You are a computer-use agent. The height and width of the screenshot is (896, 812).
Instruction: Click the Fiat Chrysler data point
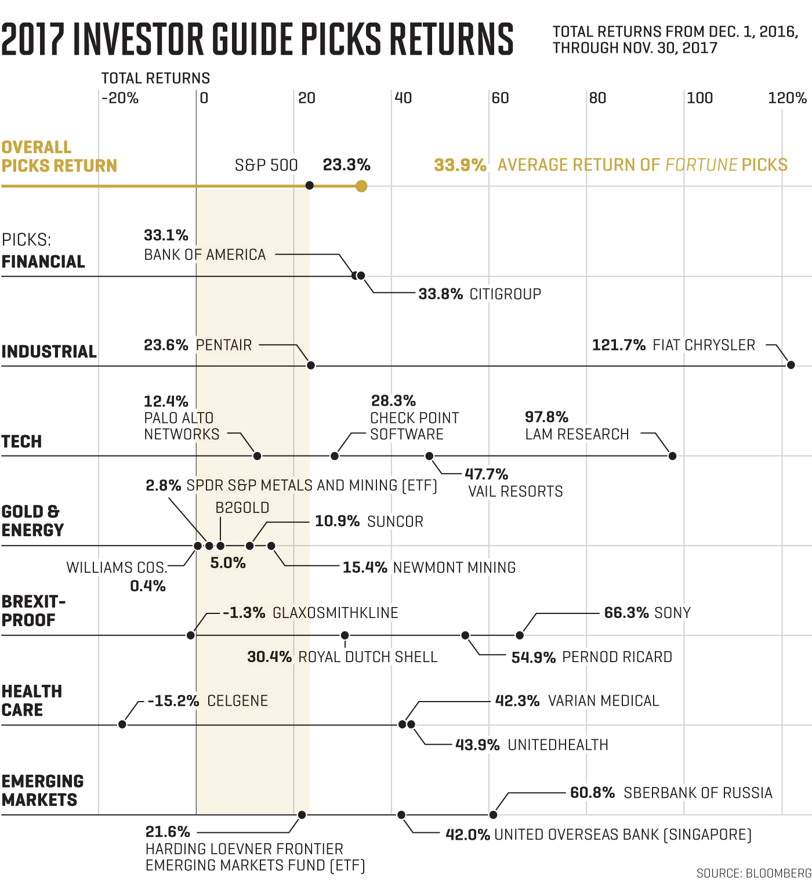click(791, 365)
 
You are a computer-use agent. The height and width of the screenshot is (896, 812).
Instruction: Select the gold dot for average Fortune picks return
click(361, 186)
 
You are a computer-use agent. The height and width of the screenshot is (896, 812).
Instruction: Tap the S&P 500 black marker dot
click(310, 186)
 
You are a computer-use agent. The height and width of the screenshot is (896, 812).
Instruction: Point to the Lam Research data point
click(672, 456)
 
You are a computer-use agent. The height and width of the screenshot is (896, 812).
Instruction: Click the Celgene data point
click(122, 724)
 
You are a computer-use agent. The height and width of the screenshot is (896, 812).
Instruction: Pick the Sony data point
click(520, 635)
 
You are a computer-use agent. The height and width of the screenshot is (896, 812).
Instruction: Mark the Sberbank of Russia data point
click(493, 815)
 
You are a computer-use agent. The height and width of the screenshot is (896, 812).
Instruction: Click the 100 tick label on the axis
click(699, 98)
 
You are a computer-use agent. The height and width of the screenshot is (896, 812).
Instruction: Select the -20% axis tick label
click(120, 98)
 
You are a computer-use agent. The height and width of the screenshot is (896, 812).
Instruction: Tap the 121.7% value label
click(618, 345)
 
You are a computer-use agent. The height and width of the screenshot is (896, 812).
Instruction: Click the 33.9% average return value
click(460, 165)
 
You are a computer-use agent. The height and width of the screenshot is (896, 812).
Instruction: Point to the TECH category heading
click(22, 442)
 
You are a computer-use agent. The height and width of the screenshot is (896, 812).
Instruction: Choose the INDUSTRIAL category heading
click(49, 352)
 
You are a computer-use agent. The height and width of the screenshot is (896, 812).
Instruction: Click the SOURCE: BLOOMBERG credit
click(753, 873)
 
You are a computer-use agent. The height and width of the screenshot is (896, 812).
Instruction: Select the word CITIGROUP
click(505, 294)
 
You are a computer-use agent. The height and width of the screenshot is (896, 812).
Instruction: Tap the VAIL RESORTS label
click(516, 492)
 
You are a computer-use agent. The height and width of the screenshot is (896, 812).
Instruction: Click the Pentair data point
click(311, 366)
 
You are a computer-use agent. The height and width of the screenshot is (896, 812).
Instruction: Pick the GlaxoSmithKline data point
click(191, 635)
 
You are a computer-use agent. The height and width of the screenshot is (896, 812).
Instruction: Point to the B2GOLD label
click(242, 508)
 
